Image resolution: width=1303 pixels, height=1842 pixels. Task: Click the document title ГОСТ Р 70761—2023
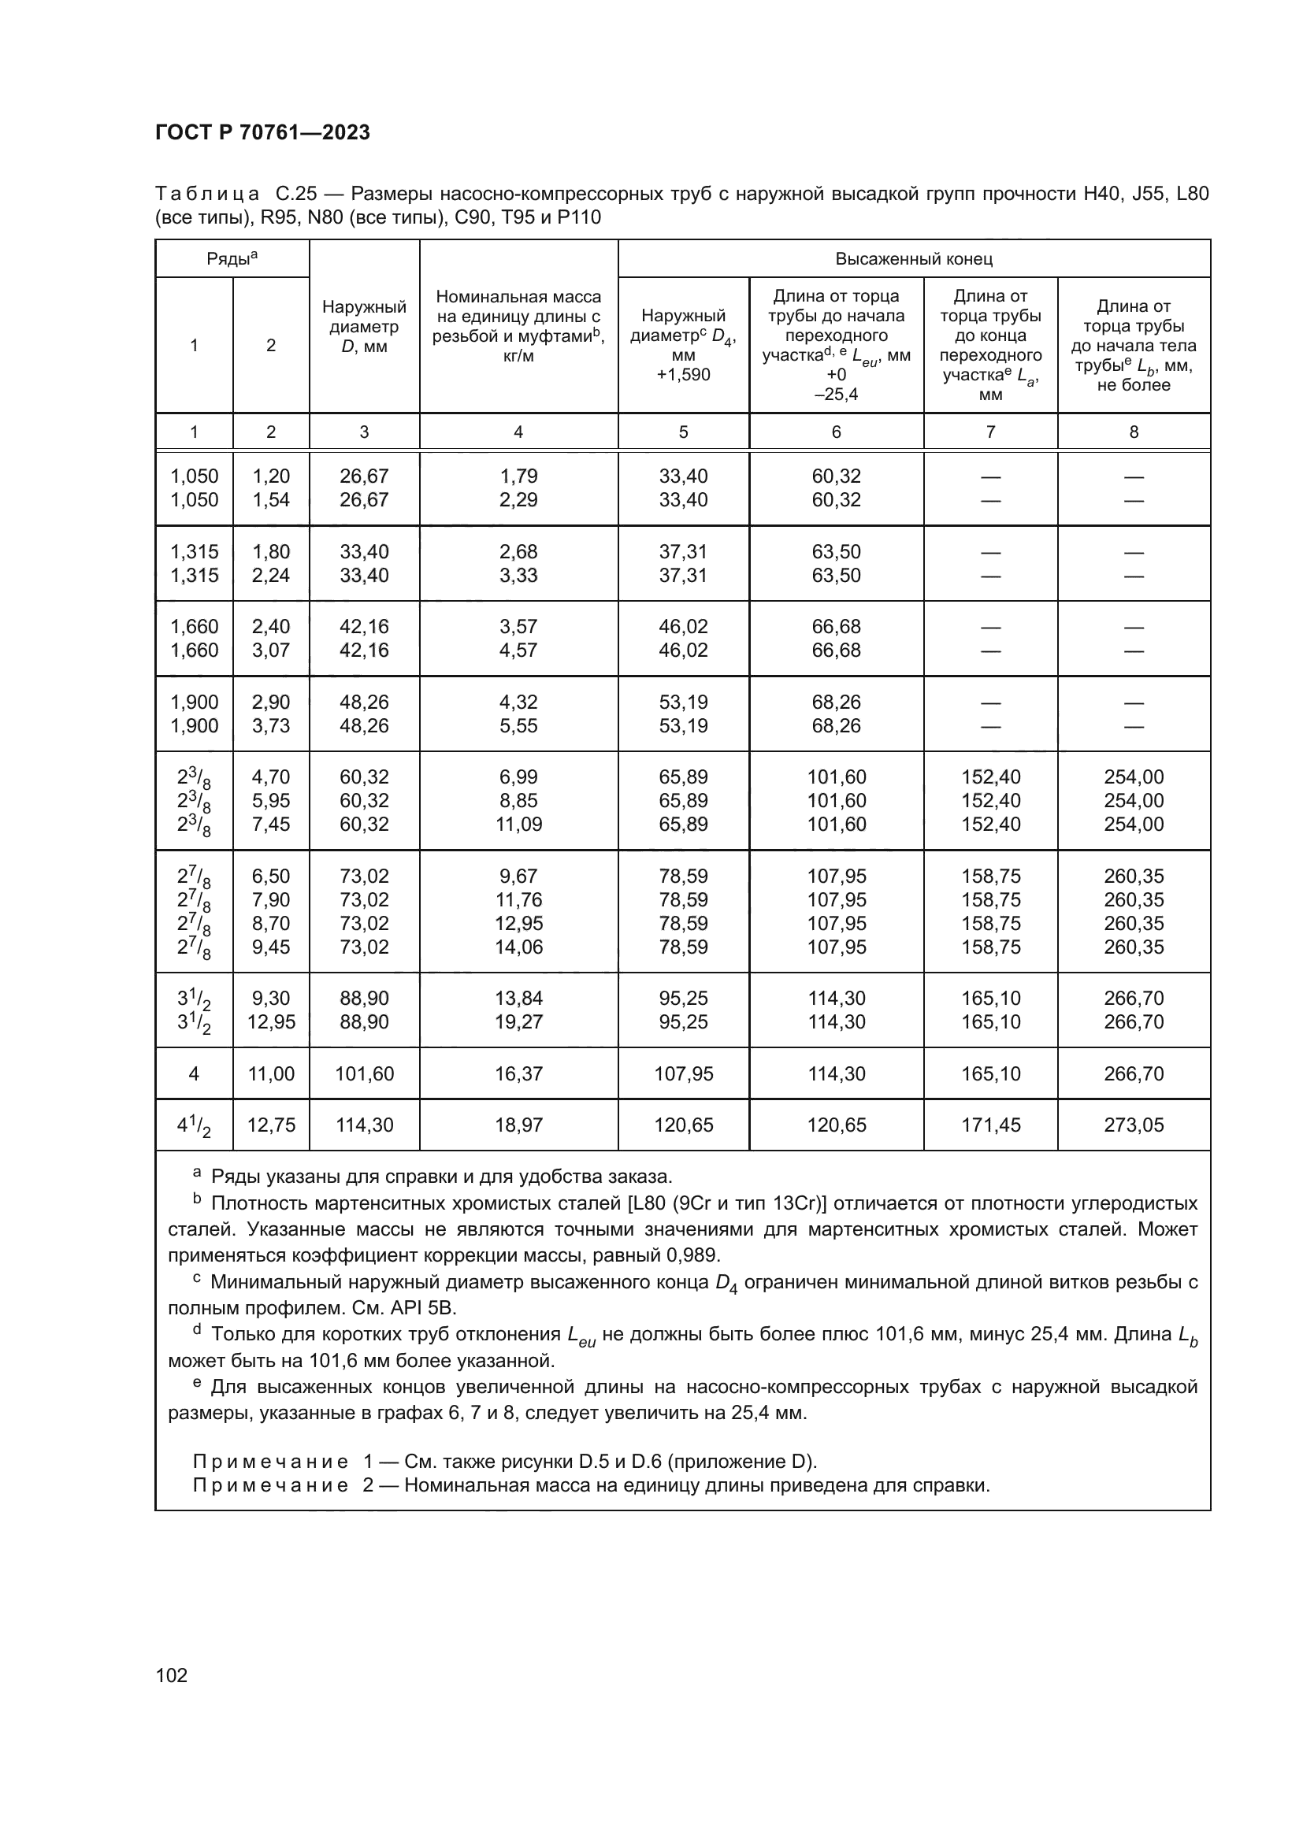[262, 132]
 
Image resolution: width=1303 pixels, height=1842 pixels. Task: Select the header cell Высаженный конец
[914, 259]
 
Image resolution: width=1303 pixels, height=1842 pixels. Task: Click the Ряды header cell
[232, 258]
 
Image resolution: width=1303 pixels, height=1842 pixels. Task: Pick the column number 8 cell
[1134, 432]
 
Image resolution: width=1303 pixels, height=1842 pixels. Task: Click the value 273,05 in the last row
[1134, 1125]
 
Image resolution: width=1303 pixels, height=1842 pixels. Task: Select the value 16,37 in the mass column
[518, 1073]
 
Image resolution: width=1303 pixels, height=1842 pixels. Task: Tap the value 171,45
[991, 1125]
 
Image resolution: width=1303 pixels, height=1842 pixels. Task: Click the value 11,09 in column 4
[518, 824]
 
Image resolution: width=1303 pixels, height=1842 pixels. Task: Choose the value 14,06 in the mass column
[518, 947]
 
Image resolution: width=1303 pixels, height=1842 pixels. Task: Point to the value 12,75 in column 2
[271, 1125]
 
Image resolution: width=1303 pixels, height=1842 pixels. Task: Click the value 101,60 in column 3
[364, 1073]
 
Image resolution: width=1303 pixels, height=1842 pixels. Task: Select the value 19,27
[518, 1021]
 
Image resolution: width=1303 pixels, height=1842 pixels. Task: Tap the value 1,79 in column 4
[518, 476]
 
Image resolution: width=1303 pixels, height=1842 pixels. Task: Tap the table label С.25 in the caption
[296, 195]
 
